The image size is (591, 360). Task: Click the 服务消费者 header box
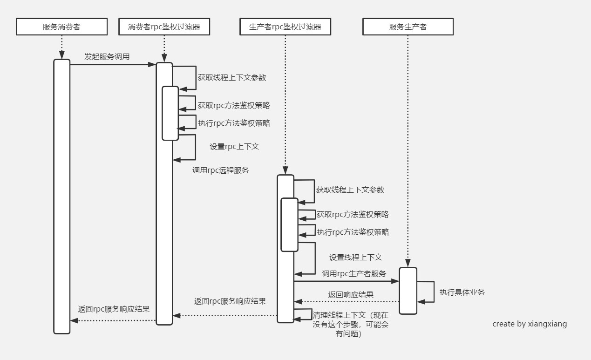[61, 27]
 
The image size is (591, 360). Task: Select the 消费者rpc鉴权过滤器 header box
[164, 27]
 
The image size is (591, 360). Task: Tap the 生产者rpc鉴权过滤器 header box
[285, 27]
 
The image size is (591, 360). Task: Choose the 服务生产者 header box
[408, 27]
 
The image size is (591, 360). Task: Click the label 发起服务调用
[107, 56]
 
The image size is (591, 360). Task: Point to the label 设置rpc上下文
[234, 146]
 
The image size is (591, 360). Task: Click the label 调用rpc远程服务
[221, 170]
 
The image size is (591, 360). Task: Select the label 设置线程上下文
[356, 257]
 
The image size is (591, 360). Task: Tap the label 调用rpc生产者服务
[354, 273]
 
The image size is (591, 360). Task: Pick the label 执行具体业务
[462, 292]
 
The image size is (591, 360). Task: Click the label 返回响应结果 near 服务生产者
[351, 294]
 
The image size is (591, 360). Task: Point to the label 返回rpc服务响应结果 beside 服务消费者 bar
[114, 309]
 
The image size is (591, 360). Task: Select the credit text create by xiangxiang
[530, 324]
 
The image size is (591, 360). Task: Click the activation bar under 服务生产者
[408, 291]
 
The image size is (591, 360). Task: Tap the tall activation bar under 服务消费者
[61, 196]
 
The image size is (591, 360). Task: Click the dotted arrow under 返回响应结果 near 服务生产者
[346, 302]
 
